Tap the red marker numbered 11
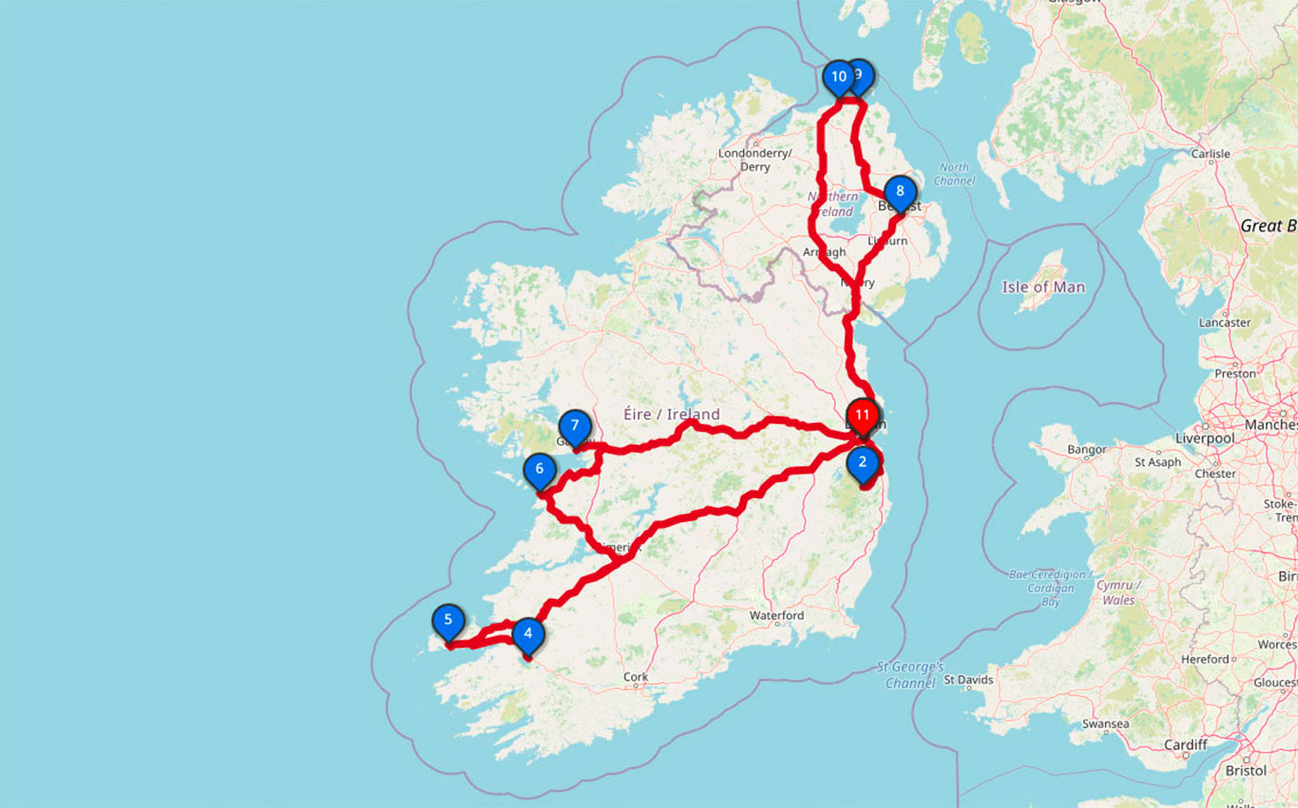[x=862, y=415]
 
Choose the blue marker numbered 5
[x=448, y=622]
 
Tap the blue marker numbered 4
[x=527, y=634]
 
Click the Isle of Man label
[x=1043, y=286]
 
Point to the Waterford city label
[x=776, y=616]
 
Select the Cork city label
[x=636, y=678]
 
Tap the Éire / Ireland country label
[x=671, y=414]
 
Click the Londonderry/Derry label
[x=755, y=160]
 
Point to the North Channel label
[x=953, y=174]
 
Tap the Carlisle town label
[x=1210, y=154]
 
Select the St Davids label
[x=969, y=680]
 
